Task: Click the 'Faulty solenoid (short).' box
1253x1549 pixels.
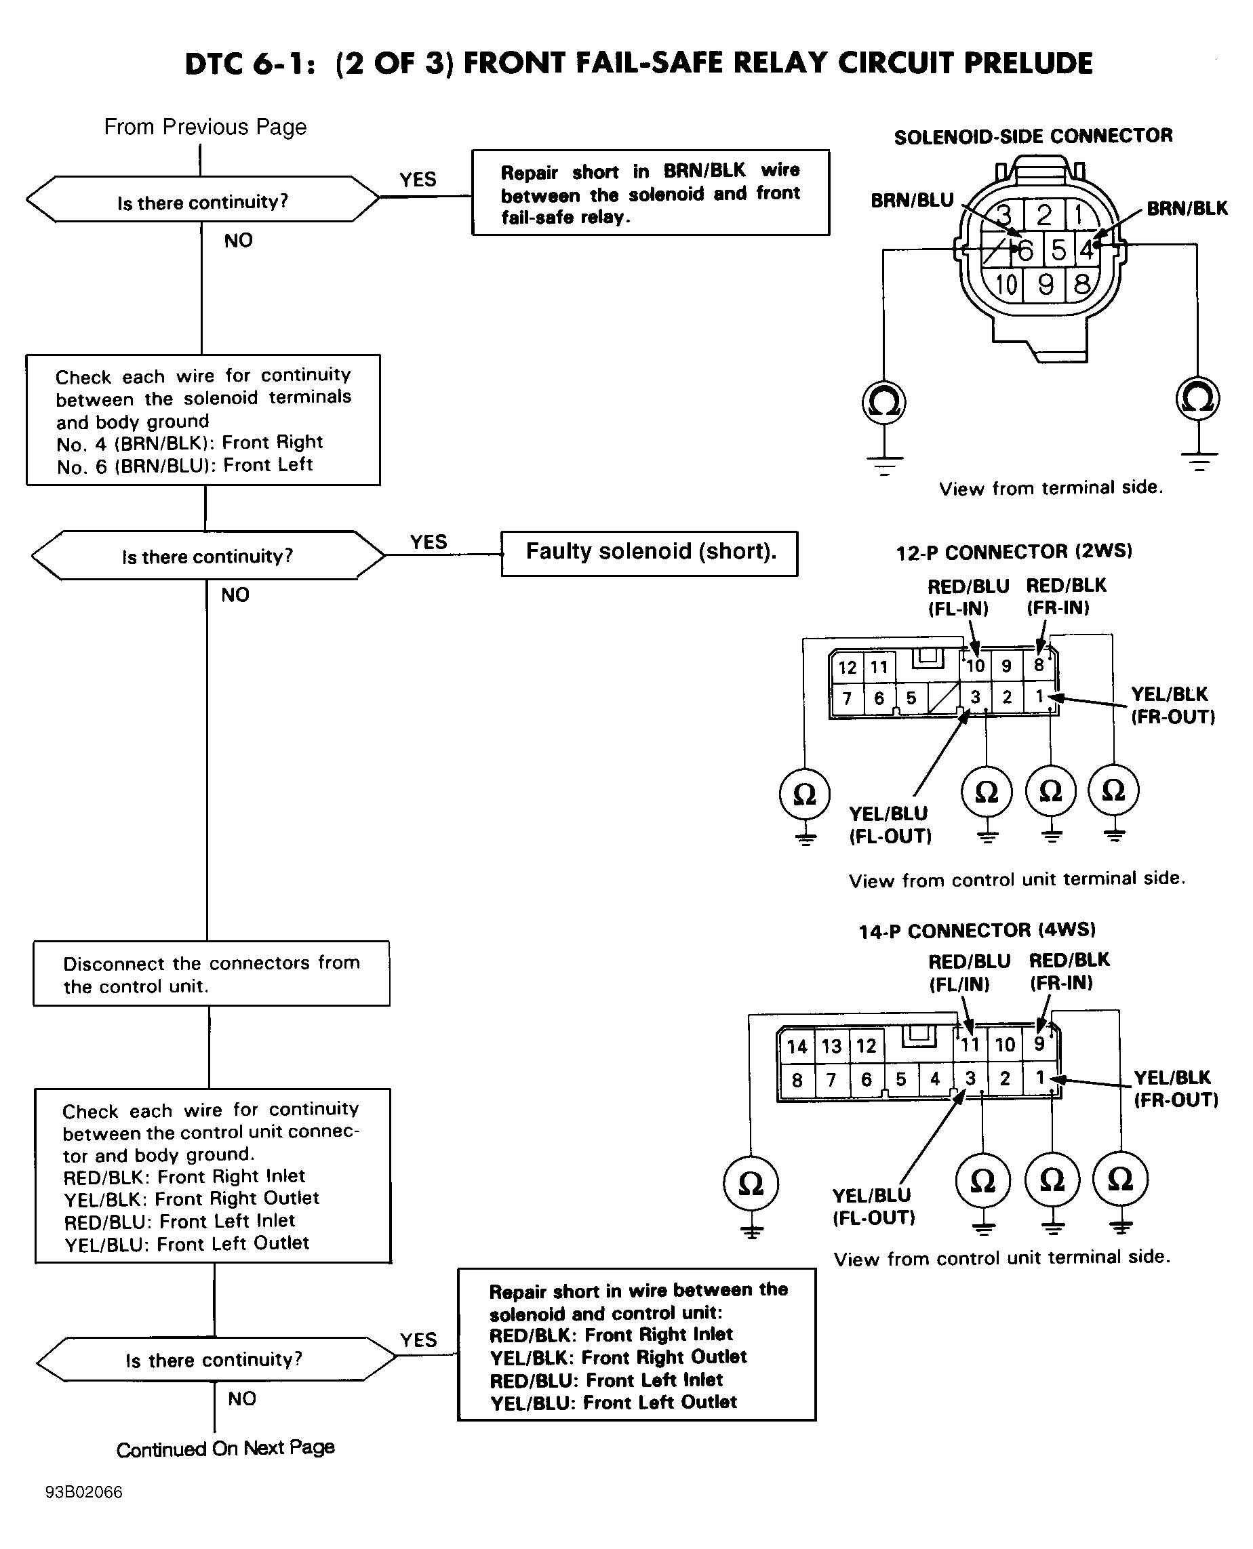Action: [649, 553]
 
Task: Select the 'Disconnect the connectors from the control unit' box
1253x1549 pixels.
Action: [212, 973]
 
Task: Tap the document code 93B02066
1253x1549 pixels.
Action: [83, 1492]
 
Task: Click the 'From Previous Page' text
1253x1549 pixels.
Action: [205, 127]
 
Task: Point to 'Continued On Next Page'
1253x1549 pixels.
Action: [225, 1449]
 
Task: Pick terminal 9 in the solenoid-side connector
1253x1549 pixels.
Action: [1046, 285]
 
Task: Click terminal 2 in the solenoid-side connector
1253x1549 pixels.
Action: [1044, 215]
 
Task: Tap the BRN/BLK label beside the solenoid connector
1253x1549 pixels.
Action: [1187, 209]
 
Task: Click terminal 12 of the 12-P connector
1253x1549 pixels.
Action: [848, 667]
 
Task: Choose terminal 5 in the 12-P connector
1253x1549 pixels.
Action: [911, 698]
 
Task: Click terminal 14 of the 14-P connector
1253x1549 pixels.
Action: [797, 1047]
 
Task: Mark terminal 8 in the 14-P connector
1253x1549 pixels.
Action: [797, 1080]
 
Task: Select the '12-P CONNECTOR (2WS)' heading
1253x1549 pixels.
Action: [1014, 552]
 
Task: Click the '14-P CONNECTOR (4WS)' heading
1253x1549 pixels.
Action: [977, 931]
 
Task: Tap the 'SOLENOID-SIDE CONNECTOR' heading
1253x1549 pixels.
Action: [1033, 136]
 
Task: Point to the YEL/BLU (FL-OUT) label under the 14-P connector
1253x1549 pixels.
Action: [873, 1206]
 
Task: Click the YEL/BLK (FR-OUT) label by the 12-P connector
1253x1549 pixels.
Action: [1173, 705]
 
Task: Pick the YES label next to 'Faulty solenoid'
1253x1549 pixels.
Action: [429, 541]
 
